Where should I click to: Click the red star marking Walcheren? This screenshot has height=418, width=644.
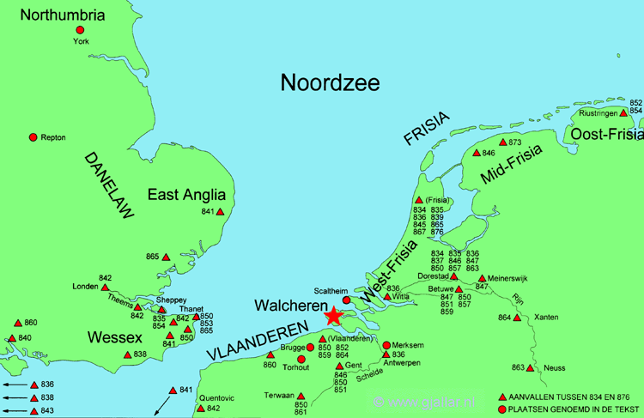coord(333,317)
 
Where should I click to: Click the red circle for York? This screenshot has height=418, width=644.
coord(80,30)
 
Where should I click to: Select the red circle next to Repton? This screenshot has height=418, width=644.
coord(33,137)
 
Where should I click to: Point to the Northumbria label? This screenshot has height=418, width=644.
coord(58,15)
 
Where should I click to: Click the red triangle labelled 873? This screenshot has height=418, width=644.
coord(502,142)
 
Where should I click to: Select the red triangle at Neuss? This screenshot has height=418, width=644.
coord(530,368)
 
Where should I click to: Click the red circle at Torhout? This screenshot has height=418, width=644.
coord(301,359)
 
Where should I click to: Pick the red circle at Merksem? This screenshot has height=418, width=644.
coord(386,345)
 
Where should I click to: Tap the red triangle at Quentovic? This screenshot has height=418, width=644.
coord(201,408)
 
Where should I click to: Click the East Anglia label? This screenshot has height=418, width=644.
coord(186,195)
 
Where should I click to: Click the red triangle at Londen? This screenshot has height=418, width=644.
coord(105,287)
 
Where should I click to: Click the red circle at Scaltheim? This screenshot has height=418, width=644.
coord(347,300)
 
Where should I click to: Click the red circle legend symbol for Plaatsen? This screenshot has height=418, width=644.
coord(501,409)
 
